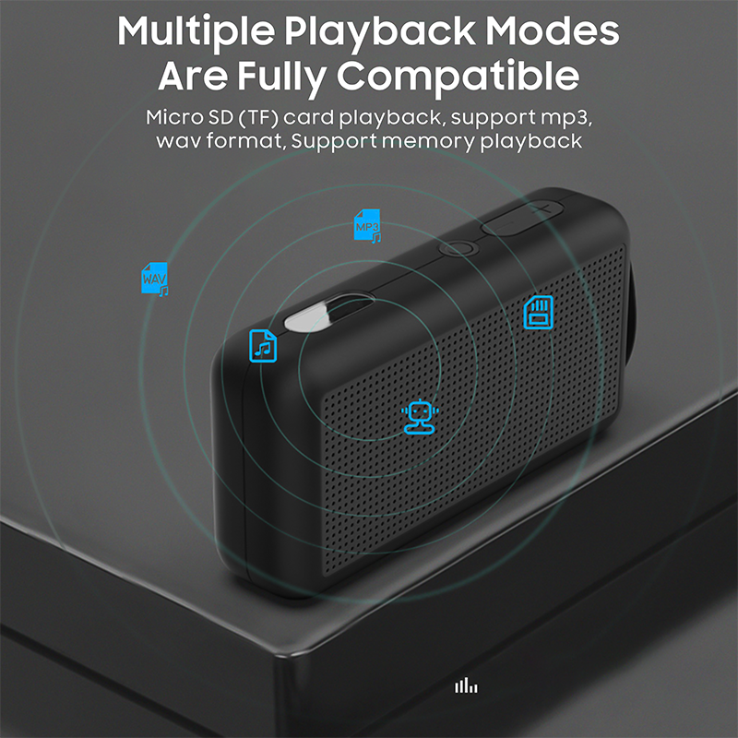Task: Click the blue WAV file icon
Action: [154, 278]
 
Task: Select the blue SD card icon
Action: [538, 312]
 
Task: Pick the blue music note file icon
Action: [264, 345]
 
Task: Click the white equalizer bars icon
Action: [466, 685]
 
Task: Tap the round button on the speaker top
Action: [458, 248]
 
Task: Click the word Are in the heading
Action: [189, 75]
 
